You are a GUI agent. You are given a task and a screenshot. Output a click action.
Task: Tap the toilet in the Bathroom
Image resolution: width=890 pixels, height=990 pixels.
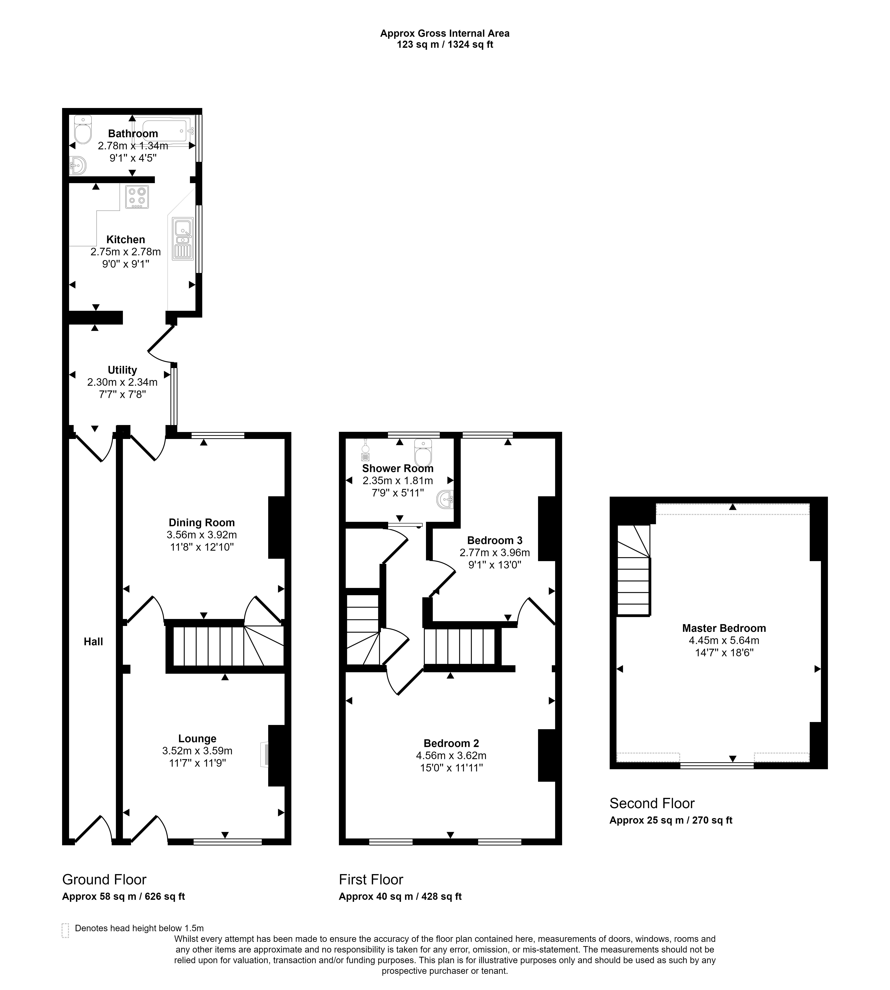pyautogui.click(x=83, y=130)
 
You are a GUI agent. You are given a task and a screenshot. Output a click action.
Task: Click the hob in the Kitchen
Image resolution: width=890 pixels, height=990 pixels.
pyautogui.click(x=137, y=197)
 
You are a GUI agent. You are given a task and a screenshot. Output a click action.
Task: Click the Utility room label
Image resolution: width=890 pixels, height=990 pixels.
pyautogui.click(x=122, y=370)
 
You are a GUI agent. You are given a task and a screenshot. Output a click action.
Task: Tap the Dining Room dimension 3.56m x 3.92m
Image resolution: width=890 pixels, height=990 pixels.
pyautogui.click(x=202, y=535)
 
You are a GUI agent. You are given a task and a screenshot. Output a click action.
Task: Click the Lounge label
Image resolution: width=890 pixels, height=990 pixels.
pyautogui.click(x=197, y=739)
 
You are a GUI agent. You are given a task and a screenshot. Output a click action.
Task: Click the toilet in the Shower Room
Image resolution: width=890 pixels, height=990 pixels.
pyautogui.click(x=423, y=453)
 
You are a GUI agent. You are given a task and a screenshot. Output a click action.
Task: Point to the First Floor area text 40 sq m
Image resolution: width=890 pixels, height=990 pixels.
pyautogui.click(x=400, y=896)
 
